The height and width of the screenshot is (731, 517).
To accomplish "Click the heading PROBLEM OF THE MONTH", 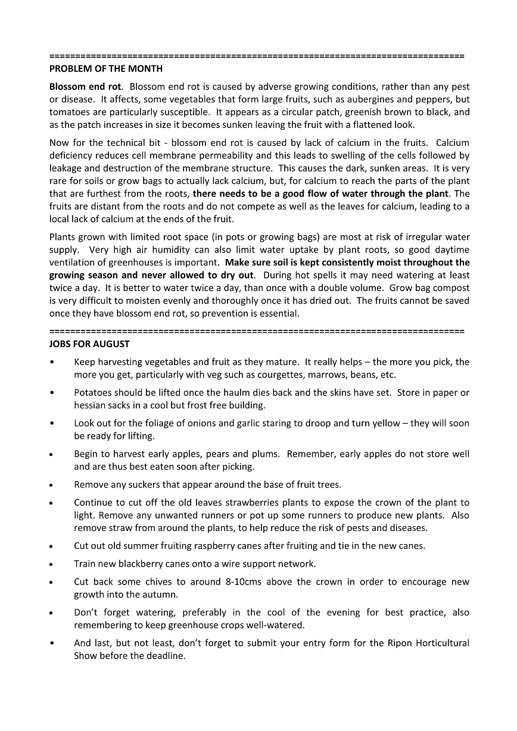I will coord(105,69).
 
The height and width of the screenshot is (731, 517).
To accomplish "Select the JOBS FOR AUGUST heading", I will coord(89,344).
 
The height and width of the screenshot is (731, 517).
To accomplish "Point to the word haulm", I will coord(239,393).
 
